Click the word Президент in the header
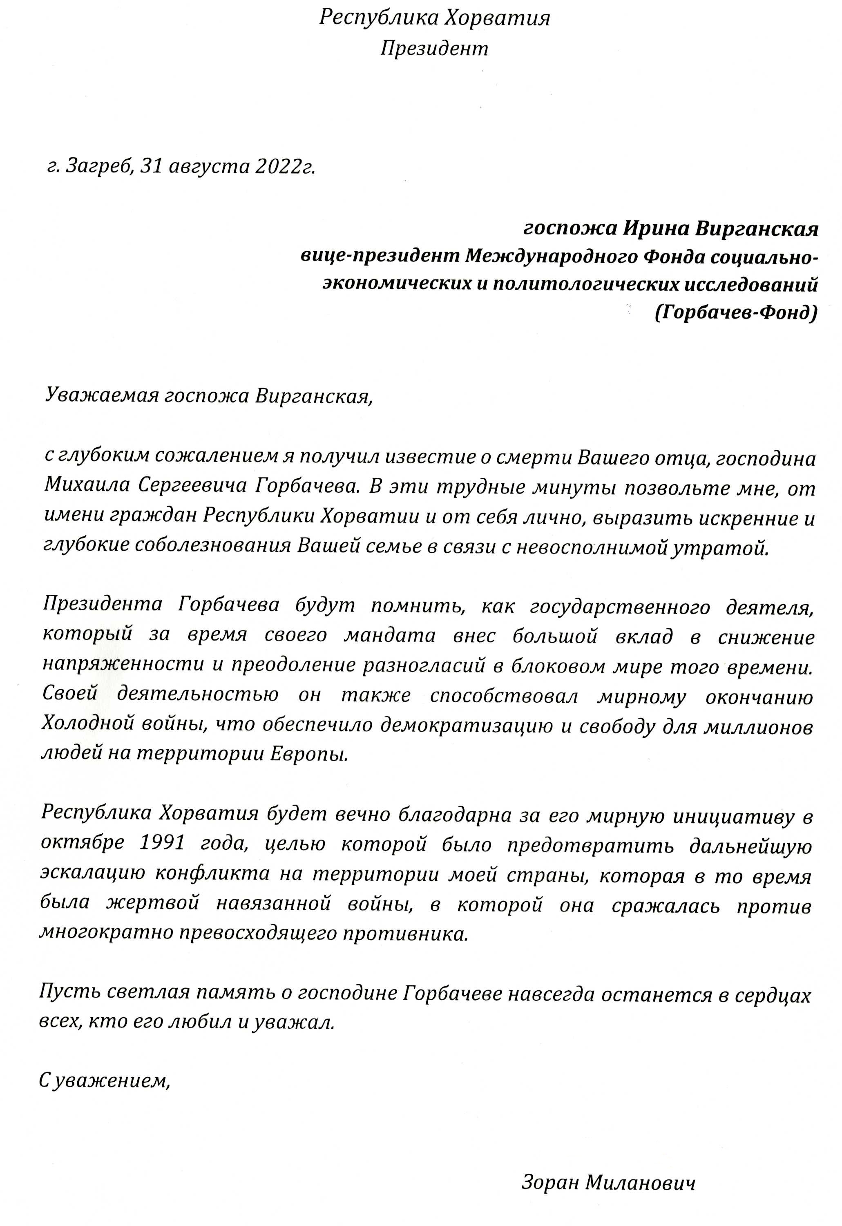pyautogui.click(x=434, y=49)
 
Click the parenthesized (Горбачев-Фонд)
pyautogui.click(x=736, y=313)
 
